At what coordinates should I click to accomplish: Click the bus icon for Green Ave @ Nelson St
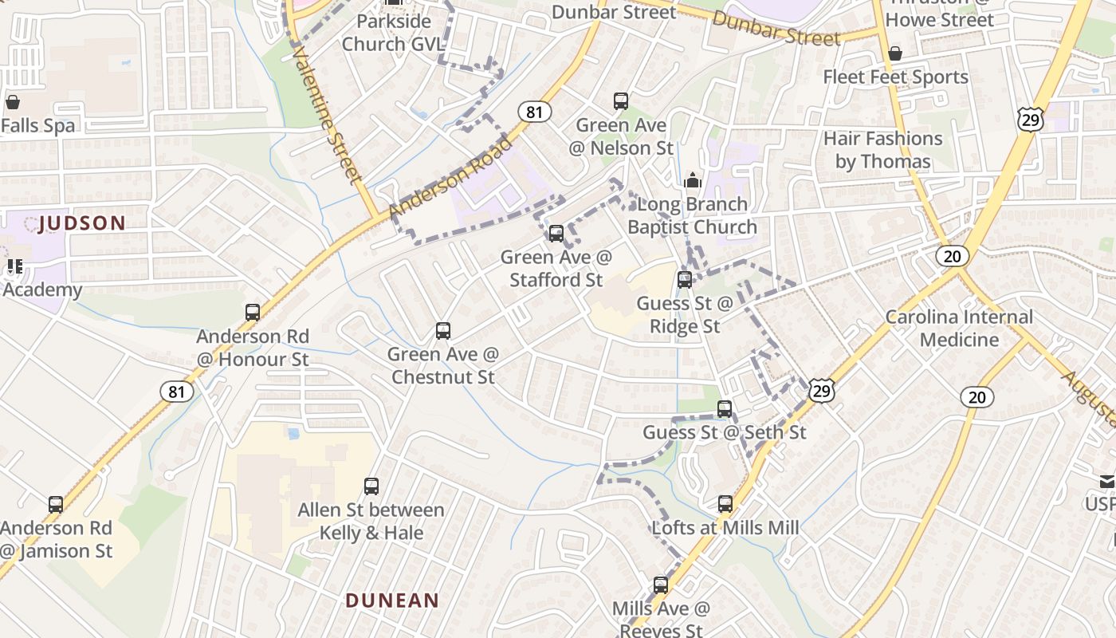pyautogui.click(x=621, y=101)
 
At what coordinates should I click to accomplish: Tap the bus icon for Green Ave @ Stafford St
pyautogui.click(x=556, y=233)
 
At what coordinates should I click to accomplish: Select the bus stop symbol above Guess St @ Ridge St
pyautogui.click(x=685, y=280)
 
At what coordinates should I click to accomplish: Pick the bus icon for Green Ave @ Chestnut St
pyautogui.click(x=443, y=330)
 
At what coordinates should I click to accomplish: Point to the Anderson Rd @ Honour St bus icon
pyautogui.click(x=253, y=313)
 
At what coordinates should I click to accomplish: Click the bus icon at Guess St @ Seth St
pyautogui.click(x=725, y=409)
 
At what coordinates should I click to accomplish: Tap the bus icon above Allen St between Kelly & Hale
pyautogui.click(x=371, y=486)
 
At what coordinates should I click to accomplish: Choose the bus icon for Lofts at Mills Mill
pyautogui.click(x=725, y=504)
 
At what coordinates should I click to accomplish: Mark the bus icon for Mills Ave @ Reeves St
pyautogui.click(x=660, y=585)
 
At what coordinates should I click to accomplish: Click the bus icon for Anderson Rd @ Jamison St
pyautogui.click(x=56, y=504)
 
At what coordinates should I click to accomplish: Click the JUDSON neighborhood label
pyautogui.click(x=82, y=223)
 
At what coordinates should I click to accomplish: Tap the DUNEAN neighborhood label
pyautogui.click(x=392, y=601)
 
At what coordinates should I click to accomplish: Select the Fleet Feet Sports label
pyautogui.click(x=895, y=77)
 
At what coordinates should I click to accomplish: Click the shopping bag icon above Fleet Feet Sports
pyautogui.click(x=895, y=53)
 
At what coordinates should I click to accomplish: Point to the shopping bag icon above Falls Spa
pyautogui.click(x=13, y=102)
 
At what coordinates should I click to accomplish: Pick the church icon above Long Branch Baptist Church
pyautogui.click(x=692, y=180)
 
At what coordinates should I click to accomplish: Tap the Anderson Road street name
pyautogui.click(x=451, y=177)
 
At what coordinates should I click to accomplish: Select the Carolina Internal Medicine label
pyautogui.click(x=959, y=329)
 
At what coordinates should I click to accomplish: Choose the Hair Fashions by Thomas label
pyautogui.click(x=882, y=150)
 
